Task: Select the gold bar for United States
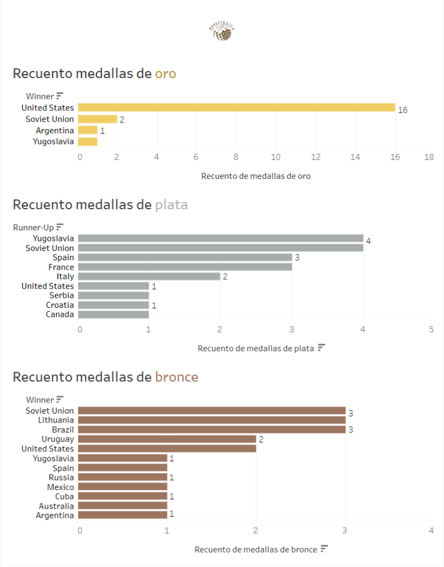236,107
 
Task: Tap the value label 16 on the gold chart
402,110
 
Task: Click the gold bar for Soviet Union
98,119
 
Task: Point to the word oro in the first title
165,73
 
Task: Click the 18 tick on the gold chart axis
429,157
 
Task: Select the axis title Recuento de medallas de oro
256,176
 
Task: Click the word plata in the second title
171,205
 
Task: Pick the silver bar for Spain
185,257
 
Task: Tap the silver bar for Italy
149,276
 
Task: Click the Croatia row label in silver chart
60,305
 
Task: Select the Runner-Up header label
33,226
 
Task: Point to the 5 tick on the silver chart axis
431,329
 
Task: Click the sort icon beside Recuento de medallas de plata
321,348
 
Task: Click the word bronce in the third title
176,377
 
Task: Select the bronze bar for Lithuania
211,420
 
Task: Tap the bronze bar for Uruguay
167,439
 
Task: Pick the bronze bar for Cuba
123,496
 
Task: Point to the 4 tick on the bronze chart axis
431,530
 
